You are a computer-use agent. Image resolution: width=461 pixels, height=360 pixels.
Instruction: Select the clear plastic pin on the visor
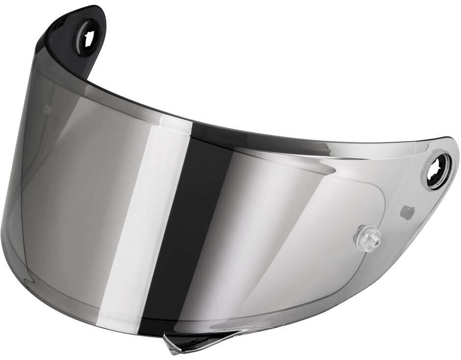pos(367,239)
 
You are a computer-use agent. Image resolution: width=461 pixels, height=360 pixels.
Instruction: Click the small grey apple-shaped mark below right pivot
pos(407,212)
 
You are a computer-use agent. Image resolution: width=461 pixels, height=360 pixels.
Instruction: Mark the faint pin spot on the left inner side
pos(48,109)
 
